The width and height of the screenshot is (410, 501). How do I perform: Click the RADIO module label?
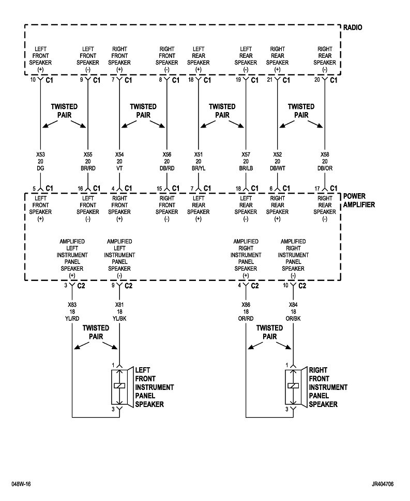[x=353, y=27]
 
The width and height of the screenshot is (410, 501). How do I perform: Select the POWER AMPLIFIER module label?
[x=359, y=200]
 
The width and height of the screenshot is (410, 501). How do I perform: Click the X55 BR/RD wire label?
[x=88, y=161]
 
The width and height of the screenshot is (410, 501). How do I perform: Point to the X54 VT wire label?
[x=119, y=161]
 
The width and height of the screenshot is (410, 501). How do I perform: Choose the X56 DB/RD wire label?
[x=167, y=161]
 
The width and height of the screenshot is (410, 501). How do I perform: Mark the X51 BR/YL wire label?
[x=198, y=161]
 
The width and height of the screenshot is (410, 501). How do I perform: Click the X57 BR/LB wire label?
[x=246, y=161]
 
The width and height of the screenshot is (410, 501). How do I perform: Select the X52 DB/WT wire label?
[x=278, y=161]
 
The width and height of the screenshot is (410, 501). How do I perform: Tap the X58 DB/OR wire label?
[x=325, y=161]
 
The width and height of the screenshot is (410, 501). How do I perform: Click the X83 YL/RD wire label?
[x=72, y=311]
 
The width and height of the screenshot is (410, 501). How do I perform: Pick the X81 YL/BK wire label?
[x=119, y=311]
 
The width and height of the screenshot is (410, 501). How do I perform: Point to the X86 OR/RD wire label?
[x=246, y=311]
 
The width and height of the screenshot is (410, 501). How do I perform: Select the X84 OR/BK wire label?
[x=293, y=311]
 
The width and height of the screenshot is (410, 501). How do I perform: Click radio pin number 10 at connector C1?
[x=33, y=80]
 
